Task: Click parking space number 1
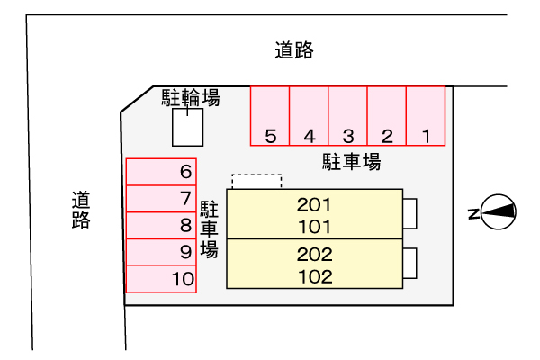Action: (x=426, y=116)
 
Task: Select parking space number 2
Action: (x=387, y=116)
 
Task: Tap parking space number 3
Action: (x=348, y=116)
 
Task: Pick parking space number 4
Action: (x=309, y=116)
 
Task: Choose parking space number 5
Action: (x=270, y=116)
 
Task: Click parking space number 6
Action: (x=161, y=172)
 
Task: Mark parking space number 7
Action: (x=161, y=199)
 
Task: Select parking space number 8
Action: (x=161, y=226)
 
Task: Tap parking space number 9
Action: (x=161, y=253)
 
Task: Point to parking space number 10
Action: (x=161, y=280)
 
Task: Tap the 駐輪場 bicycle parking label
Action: (x=191, y=97)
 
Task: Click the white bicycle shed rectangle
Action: (x=187, y=127)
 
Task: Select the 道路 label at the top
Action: (x=294, y=50)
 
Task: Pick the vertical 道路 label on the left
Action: (x=82, y=210)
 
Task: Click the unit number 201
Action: (x=314, y=203)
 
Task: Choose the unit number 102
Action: (x=314, y=276)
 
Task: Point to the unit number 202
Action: (x=314, y=254)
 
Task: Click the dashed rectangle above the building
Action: (x=256, y=182)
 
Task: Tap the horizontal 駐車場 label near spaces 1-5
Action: (x=352, y=162)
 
